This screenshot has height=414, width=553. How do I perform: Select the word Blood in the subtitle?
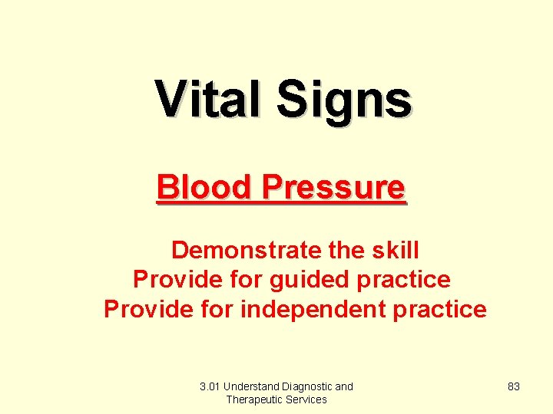[x=204, y=187]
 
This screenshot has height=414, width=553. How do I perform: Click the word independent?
[x=307, y=309]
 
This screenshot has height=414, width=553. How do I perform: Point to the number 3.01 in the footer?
[x=210, y=386]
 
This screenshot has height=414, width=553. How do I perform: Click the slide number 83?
[x=514, y=386]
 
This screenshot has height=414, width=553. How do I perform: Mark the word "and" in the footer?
[x=344, y=386]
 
